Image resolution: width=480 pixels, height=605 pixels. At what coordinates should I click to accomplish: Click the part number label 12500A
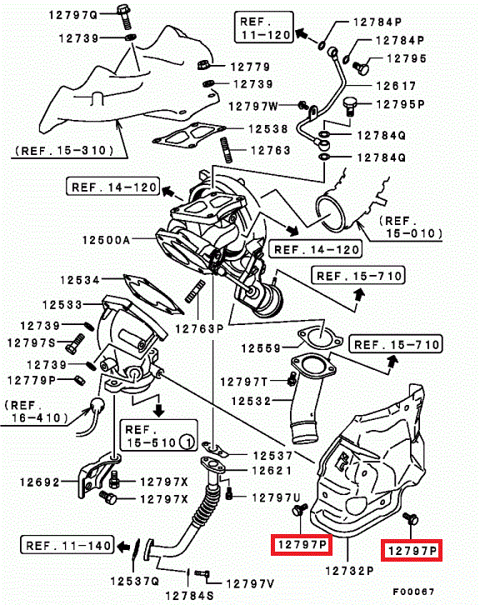(x=107, y=240)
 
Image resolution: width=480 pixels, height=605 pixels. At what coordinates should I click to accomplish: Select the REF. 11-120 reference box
(x=264, y=27)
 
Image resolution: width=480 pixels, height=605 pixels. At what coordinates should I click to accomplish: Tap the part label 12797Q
(x=73, y=15)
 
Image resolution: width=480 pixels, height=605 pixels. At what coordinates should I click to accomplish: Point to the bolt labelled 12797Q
(x=125, y=16)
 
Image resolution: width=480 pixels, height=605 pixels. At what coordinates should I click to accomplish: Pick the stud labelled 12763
(x=227, y=150)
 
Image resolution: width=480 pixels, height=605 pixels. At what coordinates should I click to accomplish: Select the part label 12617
(x=397, y=86)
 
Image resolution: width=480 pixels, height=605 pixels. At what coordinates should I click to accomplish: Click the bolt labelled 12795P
(x=349, y=106)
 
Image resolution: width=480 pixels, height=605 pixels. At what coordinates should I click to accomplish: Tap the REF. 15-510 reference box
(x=158, y=436)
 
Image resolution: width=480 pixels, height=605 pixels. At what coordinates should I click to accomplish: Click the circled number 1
(x=187, y=442)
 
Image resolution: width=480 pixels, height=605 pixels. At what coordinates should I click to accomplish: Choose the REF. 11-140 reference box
(x=67, y=545)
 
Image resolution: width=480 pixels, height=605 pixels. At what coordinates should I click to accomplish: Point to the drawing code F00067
(x=414, y=592)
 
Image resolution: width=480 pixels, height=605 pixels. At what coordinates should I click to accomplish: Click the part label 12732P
(x=349, y=570)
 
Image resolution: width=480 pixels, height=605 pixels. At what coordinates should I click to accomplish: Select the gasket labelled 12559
(x=320, y=338)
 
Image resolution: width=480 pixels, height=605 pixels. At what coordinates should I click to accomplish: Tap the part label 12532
(x=251, y=402)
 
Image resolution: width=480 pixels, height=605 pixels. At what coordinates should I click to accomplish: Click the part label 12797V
(x=251, y=584)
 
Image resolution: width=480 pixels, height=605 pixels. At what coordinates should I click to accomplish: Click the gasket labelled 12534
(x=152, y=295)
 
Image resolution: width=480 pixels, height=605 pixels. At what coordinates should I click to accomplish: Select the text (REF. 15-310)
(x=64, y=151)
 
